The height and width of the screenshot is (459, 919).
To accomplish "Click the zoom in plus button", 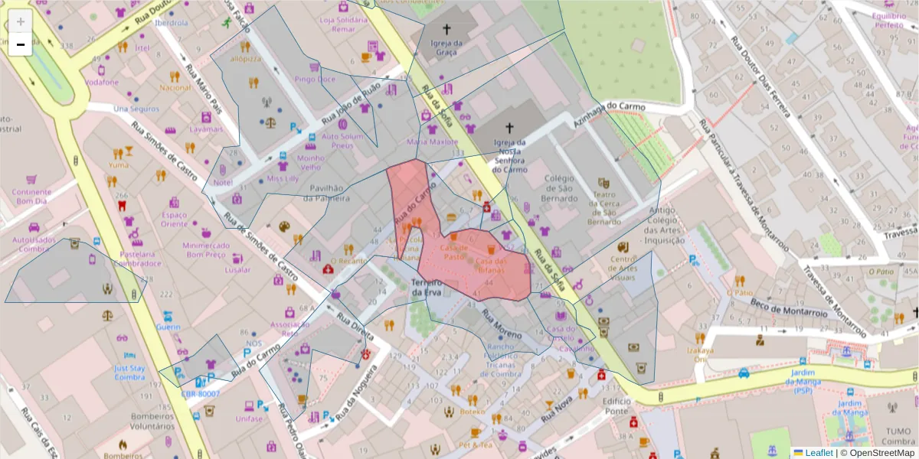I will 21,21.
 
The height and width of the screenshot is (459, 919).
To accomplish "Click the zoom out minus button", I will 21,44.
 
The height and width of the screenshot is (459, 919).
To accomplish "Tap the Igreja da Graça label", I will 446,48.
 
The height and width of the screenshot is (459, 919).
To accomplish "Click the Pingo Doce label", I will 315,79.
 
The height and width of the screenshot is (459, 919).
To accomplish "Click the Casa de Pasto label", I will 454,252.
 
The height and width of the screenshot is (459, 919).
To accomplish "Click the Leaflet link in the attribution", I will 818,453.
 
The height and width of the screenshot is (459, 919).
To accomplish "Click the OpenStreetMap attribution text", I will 881,453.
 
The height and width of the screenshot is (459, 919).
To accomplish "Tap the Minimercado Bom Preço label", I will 206,250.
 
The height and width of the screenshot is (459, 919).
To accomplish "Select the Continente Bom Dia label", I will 26,197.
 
